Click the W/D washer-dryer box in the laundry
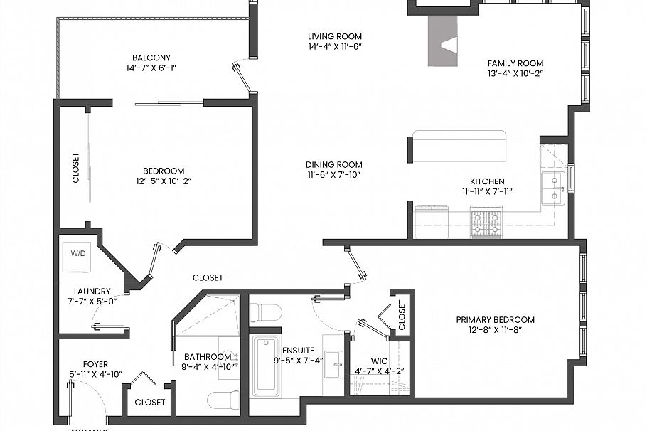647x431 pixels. [x=77, y=254]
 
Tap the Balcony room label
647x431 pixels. [x=151, y=58]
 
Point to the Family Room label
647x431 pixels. [x=515, y=63]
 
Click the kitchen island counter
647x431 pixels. [x=459, y=146]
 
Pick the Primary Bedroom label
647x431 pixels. [x=495, y=319]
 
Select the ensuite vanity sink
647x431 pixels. [x=333, y=365]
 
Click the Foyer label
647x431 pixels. [x=95, y=363]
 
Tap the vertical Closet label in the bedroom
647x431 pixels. [x=76, y=169]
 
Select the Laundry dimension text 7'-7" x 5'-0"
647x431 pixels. [x=92, y=302]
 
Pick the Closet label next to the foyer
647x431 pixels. [x=150, y=402]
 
